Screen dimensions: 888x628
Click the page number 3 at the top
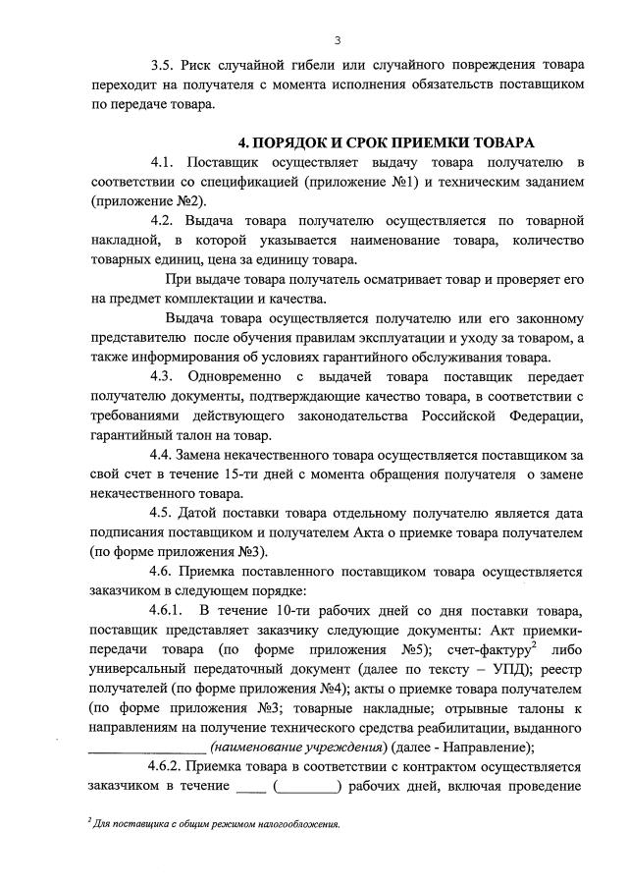(337, 40)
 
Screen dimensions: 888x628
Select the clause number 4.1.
(163, 161)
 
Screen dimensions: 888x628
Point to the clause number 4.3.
(163, 376)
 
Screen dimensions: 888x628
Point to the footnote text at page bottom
(214, 824)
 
